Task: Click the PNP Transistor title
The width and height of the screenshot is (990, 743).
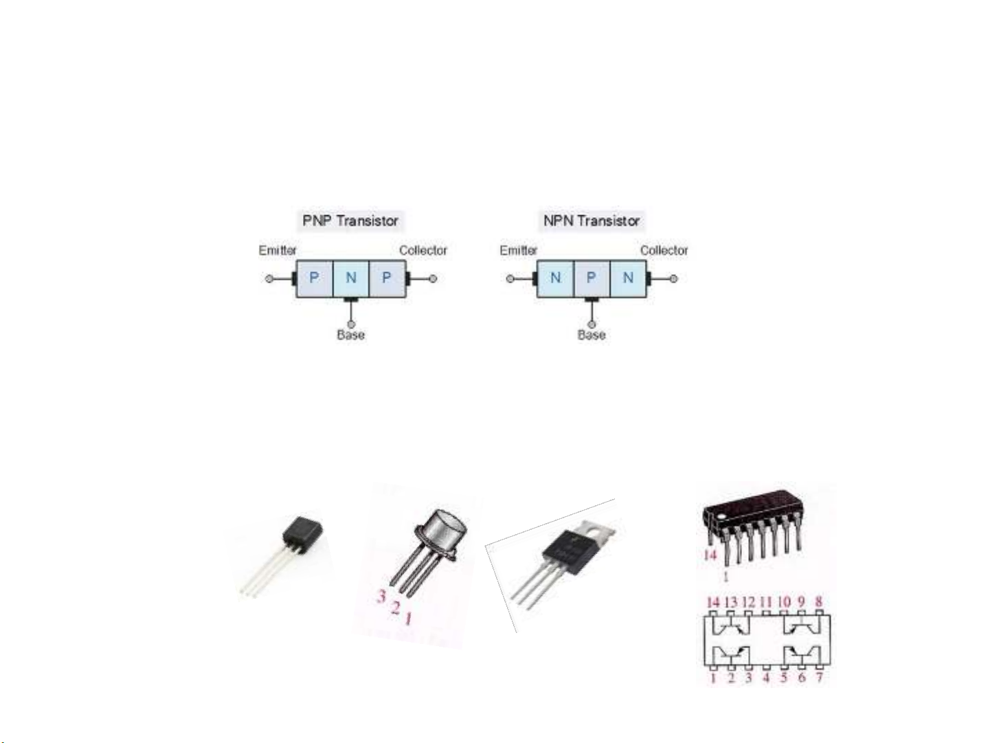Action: pyautogui.click(x=350, y=221)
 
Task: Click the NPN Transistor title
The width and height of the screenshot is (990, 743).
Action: pyautogui.click(x=592, y=221)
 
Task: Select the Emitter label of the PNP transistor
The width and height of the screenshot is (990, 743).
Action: pyautogui.click(x=278, y=250)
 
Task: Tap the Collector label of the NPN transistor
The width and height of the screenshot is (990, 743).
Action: pyautogui.click(x=664, y=250)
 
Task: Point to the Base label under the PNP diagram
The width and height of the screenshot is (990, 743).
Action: pyautogui.click(x=350, y=335)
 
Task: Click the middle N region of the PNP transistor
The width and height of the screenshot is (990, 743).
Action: pyautogui.click(x=351, y=278)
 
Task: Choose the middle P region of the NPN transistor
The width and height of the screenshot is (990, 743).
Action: pyautogui.click(x=591, y=278)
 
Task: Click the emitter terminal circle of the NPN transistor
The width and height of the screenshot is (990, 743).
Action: pyautogui.click(x=510, y=278)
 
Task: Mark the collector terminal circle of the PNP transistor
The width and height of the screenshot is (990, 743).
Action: pyautogui.click(x=433, y=278)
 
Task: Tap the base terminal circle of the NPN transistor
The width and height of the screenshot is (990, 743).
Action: pyautogui.click(x=592, y=324)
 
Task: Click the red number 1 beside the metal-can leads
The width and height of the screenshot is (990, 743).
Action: pyautogui.click(x=408, y=620)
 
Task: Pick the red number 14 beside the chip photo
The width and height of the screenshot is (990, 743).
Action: pyautogui.click(x=710, y=555)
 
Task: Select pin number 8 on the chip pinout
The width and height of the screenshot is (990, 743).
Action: pyautogui.click(x=819, y=602)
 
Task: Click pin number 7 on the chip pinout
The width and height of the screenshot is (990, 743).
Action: pyautogui.click(x=819, y=678)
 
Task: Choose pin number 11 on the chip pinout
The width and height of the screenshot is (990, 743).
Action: pyautogui.click(x=766, y=602)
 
